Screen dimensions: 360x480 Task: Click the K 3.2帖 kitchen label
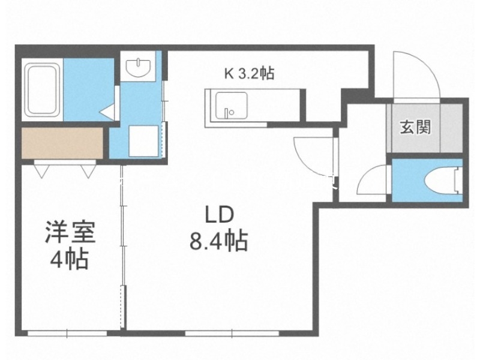point(250,74)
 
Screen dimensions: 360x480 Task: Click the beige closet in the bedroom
point(63,143)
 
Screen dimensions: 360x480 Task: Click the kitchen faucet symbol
point(228,112)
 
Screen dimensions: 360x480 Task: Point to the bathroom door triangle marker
point(107,112)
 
